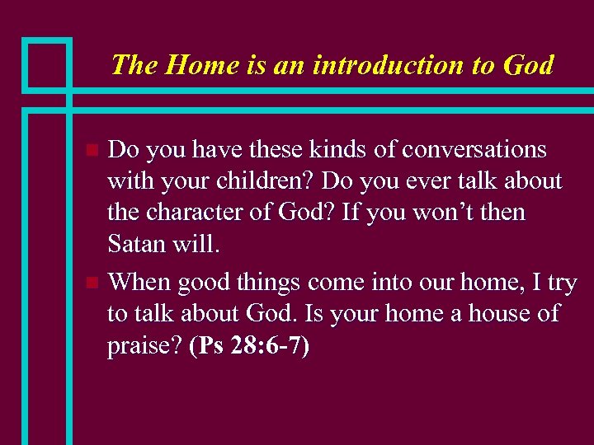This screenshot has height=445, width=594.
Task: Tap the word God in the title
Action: pos(526,64)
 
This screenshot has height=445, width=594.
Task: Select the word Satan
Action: pos(136,244)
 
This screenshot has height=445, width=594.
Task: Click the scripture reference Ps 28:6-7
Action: pos(250,347)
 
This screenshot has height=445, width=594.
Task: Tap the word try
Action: pos(563,283)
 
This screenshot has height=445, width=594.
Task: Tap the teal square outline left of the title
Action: pos(47,63)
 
